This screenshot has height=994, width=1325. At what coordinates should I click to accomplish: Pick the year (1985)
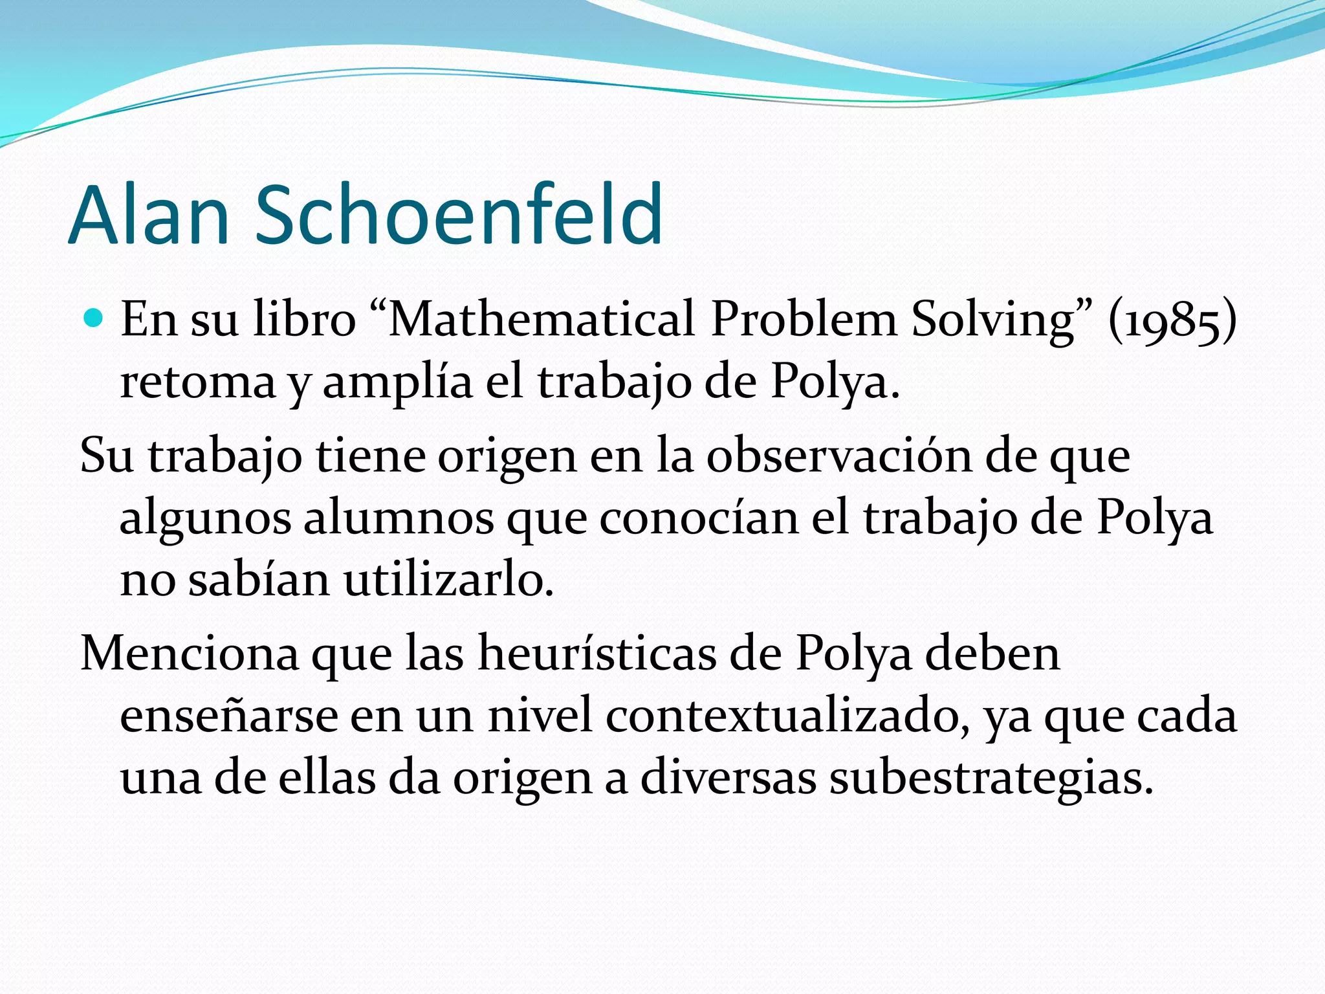pyautogui.click(x=1172, y=320)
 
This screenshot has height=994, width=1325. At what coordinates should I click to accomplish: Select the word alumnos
pyautogui.click(x=399, y=518)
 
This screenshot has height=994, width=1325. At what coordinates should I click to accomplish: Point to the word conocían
pyautogui.click(x=699, y=518)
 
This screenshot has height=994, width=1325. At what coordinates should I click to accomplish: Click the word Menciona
pyautogui.click(x=190, y=654)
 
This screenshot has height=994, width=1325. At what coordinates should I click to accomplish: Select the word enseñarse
pyautogui.click(x=229, y=716)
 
